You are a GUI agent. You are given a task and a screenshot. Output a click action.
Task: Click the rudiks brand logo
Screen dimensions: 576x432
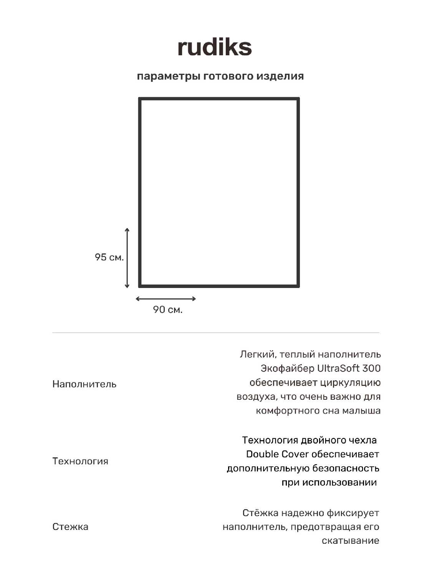coord(214,47)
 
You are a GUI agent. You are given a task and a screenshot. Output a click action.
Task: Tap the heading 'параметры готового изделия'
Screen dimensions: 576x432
coord(220,76)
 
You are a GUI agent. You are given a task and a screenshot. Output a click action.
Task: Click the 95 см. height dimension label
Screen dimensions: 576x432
coord(109,257)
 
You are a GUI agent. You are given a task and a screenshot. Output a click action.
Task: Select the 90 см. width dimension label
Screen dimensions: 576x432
coord(167,310)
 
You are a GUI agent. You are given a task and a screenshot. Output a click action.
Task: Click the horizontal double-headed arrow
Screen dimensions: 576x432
coord(166,299)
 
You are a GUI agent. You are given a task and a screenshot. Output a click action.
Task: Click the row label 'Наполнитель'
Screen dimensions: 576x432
coord(84,384)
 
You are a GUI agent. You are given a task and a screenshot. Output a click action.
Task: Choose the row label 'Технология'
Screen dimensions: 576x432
coord(80,461)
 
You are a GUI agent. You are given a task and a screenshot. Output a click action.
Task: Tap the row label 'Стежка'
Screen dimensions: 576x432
coord(70,526)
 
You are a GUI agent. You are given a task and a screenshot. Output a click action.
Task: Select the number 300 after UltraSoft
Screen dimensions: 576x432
coord(371,368)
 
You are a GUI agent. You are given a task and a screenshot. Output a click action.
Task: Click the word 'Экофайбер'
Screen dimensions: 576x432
coord(287,368)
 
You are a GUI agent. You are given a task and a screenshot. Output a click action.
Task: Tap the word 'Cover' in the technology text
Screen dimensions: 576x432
coord(295,454)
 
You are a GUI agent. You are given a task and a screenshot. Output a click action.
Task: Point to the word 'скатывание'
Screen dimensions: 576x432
coord(350,541)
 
